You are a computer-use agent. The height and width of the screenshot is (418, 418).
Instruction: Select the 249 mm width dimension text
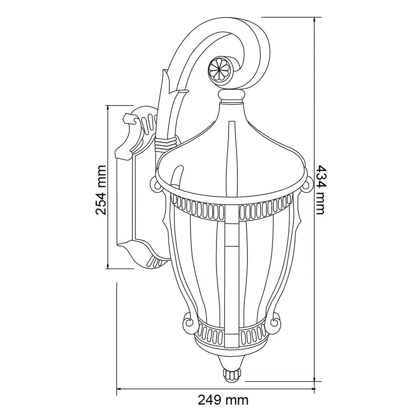coord(223,400)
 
